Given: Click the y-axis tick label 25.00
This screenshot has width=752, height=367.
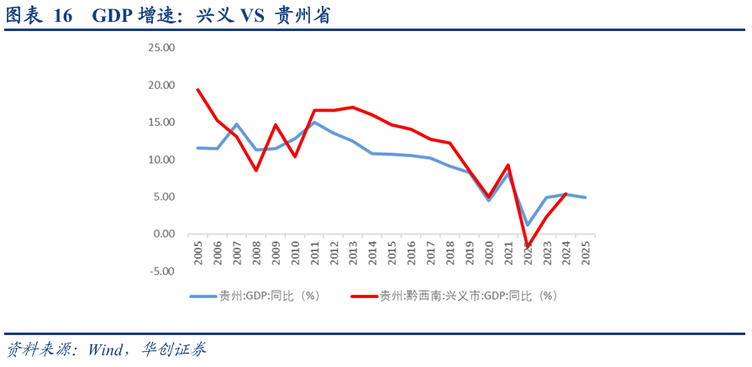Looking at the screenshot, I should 160,48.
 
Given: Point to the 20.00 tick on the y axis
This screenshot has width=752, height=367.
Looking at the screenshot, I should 160,86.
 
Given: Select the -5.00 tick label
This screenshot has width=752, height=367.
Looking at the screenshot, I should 161,271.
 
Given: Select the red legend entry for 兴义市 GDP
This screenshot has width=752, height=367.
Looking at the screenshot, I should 454,296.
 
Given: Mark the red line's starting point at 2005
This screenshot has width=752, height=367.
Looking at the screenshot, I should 198,90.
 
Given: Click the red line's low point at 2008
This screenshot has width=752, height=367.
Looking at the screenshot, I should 256,170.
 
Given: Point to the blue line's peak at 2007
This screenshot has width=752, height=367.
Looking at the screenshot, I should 237,124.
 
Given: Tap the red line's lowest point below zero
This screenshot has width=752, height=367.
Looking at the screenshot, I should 527,247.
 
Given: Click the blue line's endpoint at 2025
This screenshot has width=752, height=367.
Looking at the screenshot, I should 585,197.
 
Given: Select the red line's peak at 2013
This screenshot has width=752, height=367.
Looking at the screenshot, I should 353,107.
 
